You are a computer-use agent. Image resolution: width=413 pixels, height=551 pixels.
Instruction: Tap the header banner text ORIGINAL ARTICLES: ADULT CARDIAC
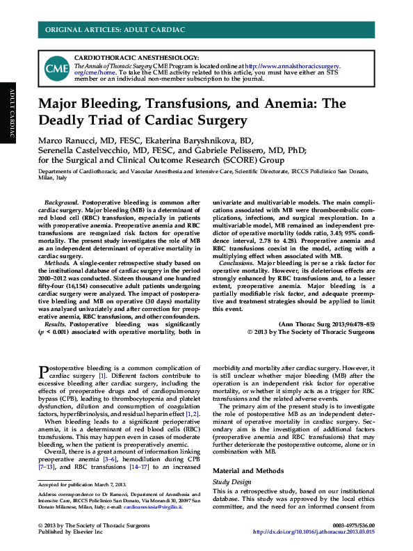click(x=115, y=29)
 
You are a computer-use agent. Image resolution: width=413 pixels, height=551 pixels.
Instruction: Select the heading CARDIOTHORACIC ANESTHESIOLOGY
click(x=136, y=57)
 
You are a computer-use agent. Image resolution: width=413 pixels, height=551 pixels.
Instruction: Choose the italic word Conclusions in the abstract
click(x=241, y=264)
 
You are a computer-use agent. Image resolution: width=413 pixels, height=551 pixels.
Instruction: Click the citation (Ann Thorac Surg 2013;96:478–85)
click(x=326, y=324)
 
